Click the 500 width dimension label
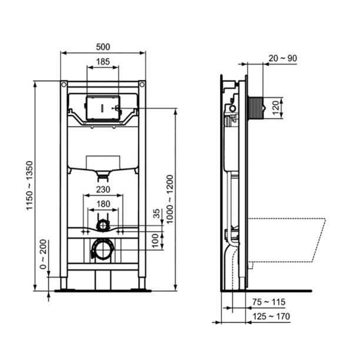pyautogui.click(x=103, y=46)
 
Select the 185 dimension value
pyautogui.click(x=103, y=61)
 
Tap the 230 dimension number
pyautogui.click(x=103, y=189)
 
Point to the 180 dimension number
pyautogui.click(x=103, y=204)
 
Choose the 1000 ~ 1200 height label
pyautogui.click(x=170, y=198)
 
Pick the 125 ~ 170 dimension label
pyautogui.click(x=272, y=316)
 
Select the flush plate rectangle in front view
pyautogui.click(x=104, y=108)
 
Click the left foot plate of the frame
pyautogui.click(x=64, y=289)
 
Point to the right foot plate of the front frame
pyautogui.click(x=142, y=289)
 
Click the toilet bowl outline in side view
pyautogui.click(x=288, y=241)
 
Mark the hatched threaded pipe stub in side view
pyautogui.click(x=255, y=106)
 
